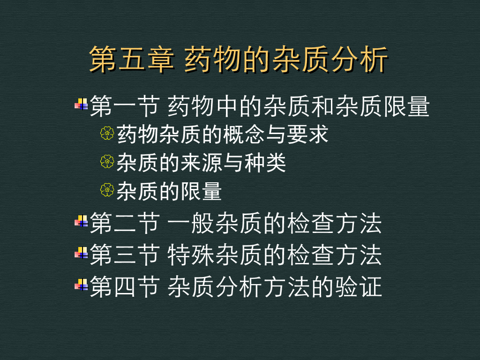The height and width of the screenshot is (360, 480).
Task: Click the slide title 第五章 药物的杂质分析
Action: pyautogui.click(x=239, y=60)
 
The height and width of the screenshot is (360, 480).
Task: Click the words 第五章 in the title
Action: pyautogui.click(x=131, y=60)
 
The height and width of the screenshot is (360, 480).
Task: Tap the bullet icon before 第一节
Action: pyautogui.click(x=82, y=105)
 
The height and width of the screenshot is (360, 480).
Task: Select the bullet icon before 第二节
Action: pyautogui.click(x=82, y=221)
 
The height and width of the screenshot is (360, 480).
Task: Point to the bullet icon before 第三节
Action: pyautogui.click(x=82, y=253)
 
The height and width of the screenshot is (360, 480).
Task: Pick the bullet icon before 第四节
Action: pyautogui.click(x=82, y=285)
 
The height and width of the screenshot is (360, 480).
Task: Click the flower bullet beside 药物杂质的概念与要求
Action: pyautogui.click(x=107, y=134)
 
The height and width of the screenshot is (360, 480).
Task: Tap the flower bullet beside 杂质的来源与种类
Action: pyautogui.click(x=107, y=162)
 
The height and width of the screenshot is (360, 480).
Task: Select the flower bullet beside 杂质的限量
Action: pyautogui.click(x=107, y=190)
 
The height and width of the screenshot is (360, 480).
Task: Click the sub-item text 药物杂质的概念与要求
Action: pyautogui.click(x=223, y=135)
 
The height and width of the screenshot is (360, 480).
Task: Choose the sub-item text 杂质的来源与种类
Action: pyautogui.click(x=201, y=163)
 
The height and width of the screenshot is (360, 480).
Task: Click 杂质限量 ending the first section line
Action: pyautogui.click(x=382, y=106)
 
